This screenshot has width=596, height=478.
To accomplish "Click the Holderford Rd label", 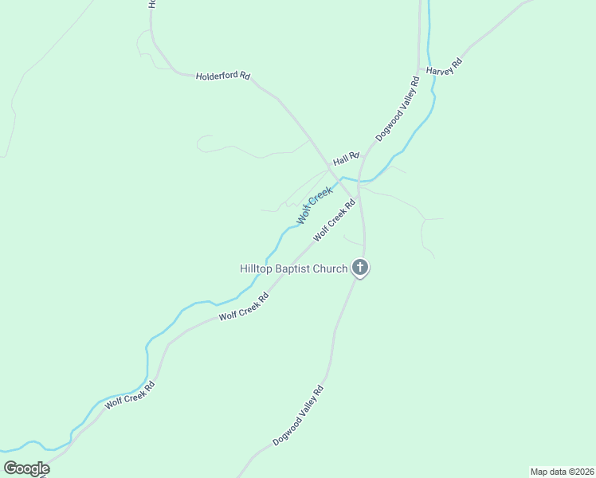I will [x=223, y=76].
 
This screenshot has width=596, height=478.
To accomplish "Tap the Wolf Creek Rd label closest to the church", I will [x=334, y=221].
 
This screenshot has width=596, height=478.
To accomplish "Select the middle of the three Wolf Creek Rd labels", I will [x=244, y=307].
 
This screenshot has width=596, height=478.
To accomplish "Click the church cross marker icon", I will [x=360, y=268].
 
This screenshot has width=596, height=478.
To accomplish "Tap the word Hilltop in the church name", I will [x=257, y=268].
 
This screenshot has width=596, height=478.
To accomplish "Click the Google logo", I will [x=26, y=468].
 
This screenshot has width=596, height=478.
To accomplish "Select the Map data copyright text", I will [x=561, y=472].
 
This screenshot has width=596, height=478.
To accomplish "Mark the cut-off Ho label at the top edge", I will [x=151, y=4].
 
